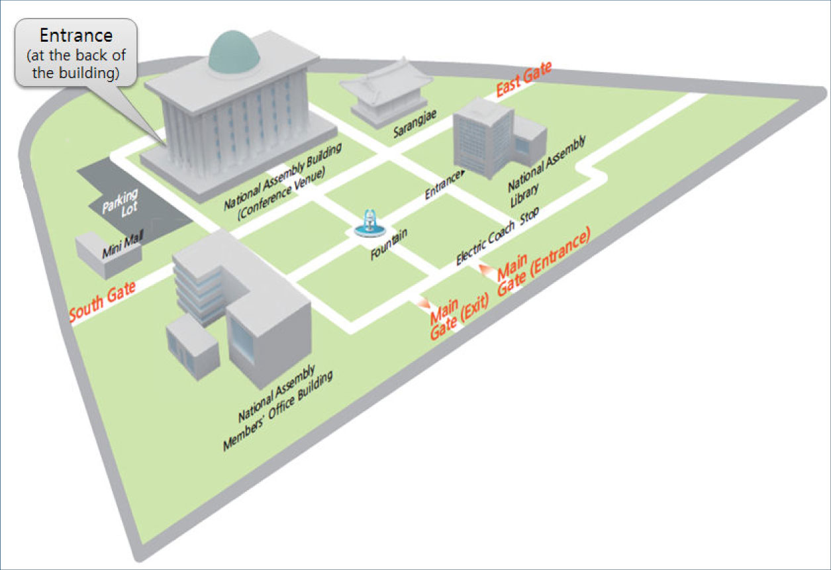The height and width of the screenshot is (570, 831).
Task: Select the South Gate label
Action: click(x=103, y=301)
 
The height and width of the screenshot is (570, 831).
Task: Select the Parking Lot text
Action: click(x=121, y=201)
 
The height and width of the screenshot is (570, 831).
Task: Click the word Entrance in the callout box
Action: click(x=76, y=35)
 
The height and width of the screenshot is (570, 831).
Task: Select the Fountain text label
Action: click(x=388, y=244)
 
